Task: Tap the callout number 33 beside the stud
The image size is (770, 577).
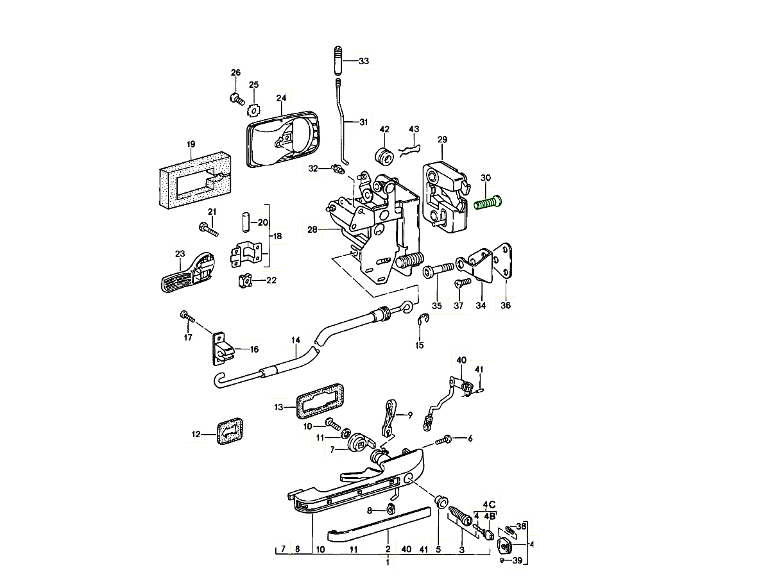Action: (x=364, y=62)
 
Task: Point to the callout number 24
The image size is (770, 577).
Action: (x=281, y=98)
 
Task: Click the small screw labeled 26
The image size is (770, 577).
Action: (x=237, y=99)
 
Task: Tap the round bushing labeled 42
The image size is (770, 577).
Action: (x=384, y=156)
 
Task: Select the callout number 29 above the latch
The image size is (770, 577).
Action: (x=442, y=139)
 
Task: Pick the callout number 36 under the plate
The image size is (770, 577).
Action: (x=506, y=306)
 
